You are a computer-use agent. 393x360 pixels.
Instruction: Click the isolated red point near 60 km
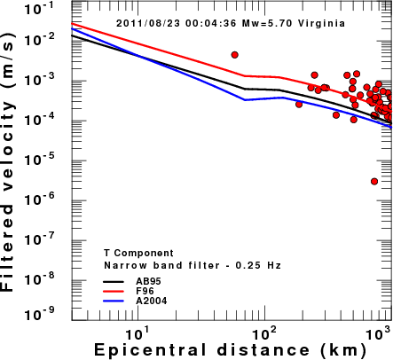click(x=235, y=55)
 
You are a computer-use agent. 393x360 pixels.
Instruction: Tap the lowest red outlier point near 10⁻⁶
click(x=374, y=181)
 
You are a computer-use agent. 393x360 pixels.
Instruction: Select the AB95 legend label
click(x=148, y=281)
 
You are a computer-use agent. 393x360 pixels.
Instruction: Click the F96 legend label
click(x=145, y=291)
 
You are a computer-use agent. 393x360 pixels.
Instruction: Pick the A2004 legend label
click(x=152, y=301)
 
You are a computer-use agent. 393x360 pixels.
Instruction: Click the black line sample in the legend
click(x=114, y=281)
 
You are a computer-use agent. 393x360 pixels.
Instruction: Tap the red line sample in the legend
click(x=114, y=291)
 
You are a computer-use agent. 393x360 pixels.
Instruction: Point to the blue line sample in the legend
click(x=114, y=301)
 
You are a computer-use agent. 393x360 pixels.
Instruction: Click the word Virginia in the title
click(x=321, y=23)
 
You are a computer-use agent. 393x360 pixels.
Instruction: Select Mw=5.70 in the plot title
click(x=268, y=23)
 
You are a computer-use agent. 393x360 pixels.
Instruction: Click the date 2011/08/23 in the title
click(x=148, y=23)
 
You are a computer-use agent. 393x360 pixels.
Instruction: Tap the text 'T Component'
click(x=138, y=254)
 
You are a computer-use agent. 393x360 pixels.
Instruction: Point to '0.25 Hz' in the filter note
click(x=258, y=265)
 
